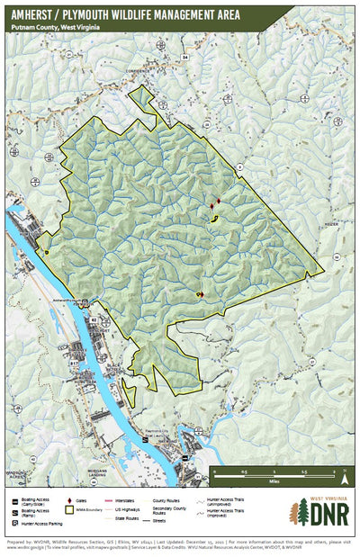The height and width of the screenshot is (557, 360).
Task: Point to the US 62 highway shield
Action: coord(94,319)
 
